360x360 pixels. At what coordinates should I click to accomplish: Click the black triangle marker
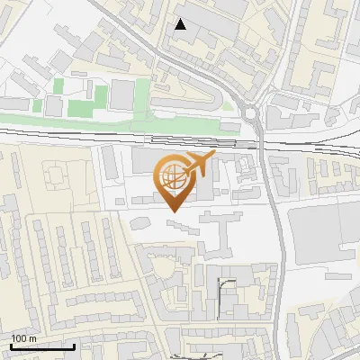pos(181,24)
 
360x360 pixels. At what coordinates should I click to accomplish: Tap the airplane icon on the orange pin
pos(199,164)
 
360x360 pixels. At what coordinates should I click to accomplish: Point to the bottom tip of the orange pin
pos(174,211)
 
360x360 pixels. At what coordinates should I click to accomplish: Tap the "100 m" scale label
pos(24,337)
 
